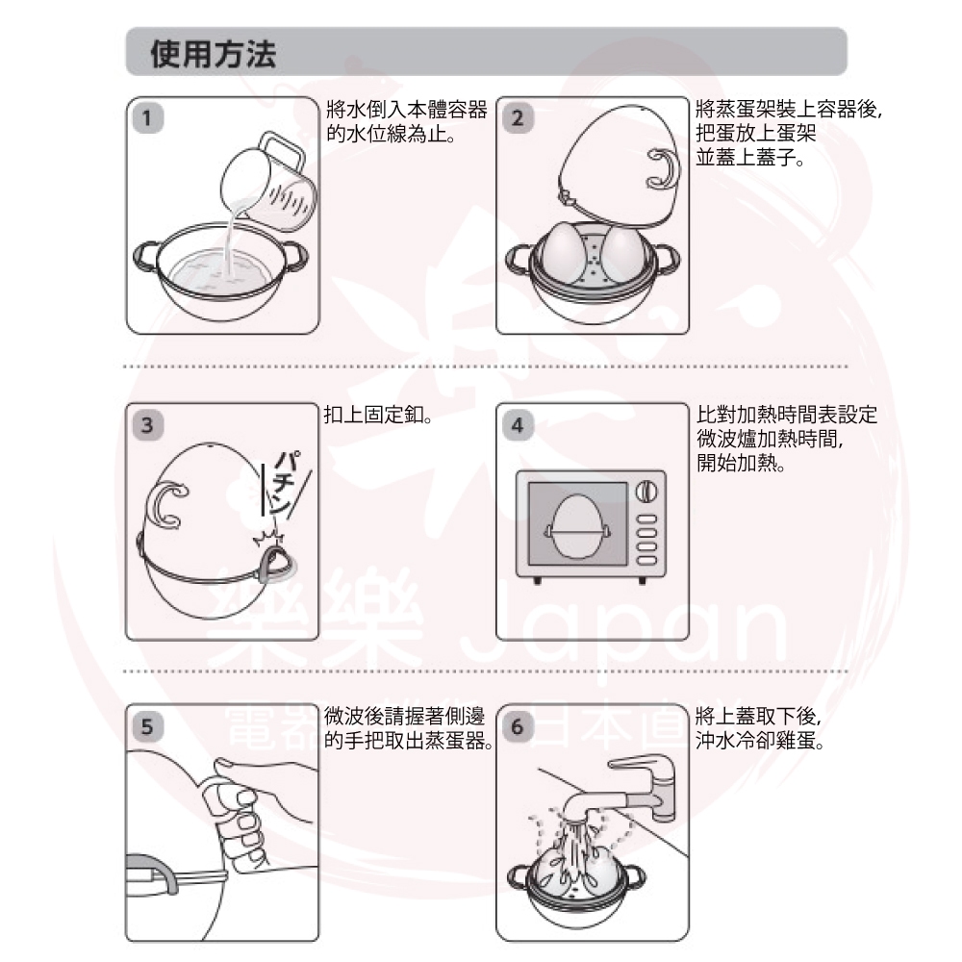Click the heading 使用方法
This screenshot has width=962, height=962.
[213, 54]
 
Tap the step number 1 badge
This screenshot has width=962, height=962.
[148, 117]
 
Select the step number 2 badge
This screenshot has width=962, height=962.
[518, 117]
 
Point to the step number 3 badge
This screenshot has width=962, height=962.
[148, 424]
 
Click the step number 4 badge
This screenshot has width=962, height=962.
[518, 424]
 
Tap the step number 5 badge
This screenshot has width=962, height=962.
[148, 726]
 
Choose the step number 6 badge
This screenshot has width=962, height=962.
[518, 726]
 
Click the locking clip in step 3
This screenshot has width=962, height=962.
[276, 562]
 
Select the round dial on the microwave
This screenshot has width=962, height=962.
[646, 491]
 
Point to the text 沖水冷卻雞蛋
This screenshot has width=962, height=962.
[760, 741]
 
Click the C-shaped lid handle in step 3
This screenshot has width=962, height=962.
[165, 505]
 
